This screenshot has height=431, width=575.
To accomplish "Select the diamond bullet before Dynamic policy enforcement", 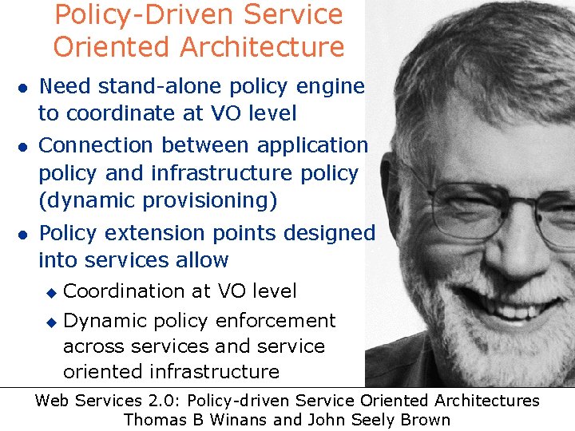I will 50,322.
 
